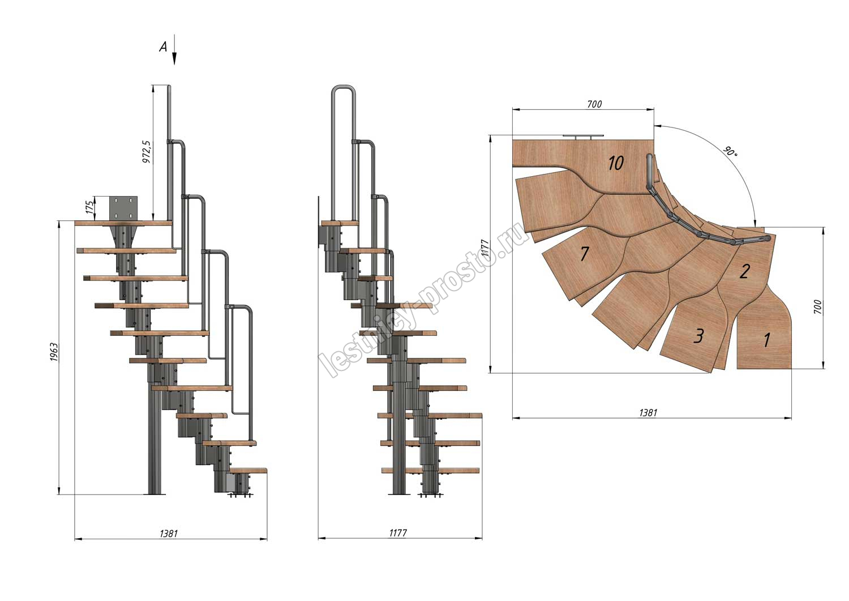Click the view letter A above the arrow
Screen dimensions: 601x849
pyautogui.click(x=163, y=47)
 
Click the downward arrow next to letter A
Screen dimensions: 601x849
pyautogui.click(x=174, y=50)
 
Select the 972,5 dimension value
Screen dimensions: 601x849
pyautogui.click(x=147, y=152)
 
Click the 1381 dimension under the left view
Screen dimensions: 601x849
pyautogui.click(x=169, y=533)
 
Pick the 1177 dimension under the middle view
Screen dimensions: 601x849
pyautogui.click(x=398, y=533)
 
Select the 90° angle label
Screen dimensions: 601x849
pyautogui.click(x=730, y=152)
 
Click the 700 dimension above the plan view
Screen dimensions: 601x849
pyautogui.click(x=594, y=104)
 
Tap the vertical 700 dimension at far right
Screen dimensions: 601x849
pyautogui.click(x=817, y=307)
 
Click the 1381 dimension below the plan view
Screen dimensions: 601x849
pyautogui.click(x=648, y=413)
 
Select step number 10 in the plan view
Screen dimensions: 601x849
pyautogui.click(x=616, y=163)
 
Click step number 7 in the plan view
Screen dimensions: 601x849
pyautogui.click(x=585, y=254)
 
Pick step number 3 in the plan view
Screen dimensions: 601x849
pyautogui.click(x=699, y=336)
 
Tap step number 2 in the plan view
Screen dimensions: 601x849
pyautogui.click(x=745, y=272)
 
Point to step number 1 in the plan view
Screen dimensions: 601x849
pyautogui.click(x=767, y=340)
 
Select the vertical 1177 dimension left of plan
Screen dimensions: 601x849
pyautogui.click(x=485, y=255)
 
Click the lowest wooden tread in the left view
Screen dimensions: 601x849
pyautogui.click(x=249, y=470)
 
